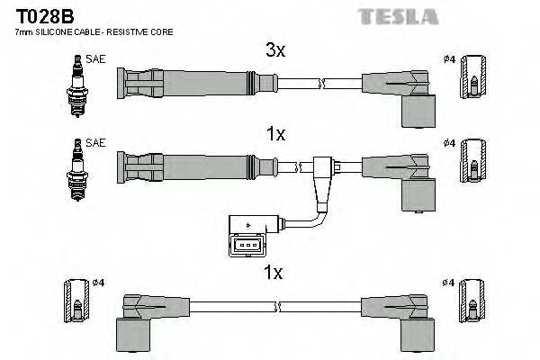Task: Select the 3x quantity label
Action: [x=275, y=51]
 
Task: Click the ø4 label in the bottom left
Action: [x=98, y=283]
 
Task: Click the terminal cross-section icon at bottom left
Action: [x=76, y=302]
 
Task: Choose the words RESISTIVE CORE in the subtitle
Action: [x=142, y=32]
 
